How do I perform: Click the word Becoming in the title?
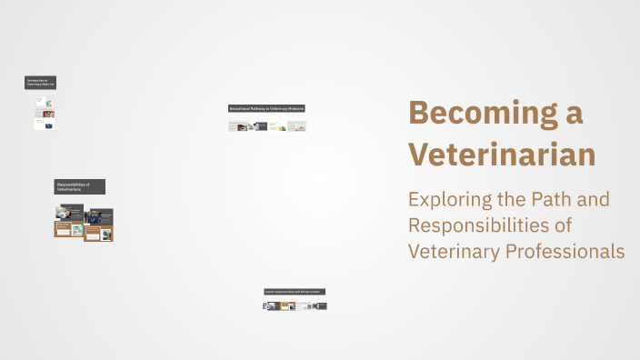tap(482, 114)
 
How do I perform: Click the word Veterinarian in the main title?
tap(502, 154)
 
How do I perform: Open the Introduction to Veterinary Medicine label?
tap(41, 83)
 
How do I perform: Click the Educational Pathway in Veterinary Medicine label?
tap(266, 108)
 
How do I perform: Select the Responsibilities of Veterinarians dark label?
tap(79, 186)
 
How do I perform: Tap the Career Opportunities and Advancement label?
tap(294, 292)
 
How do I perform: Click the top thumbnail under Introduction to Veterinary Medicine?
tap(45, 102)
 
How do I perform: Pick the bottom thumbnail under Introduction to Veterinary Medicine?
tap(45, 125)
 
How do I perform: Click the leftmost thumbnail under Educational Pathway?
tap(238, 126)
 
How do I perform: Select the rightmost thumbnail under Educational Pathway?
tap(296, 126)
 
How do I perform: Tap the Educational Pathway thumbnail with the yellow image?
tap(277, 126)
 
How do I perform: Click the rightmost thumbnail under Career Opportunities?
tap(319, 306)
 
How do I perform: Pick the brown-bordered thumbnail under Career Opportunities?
tap(285, 306)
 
